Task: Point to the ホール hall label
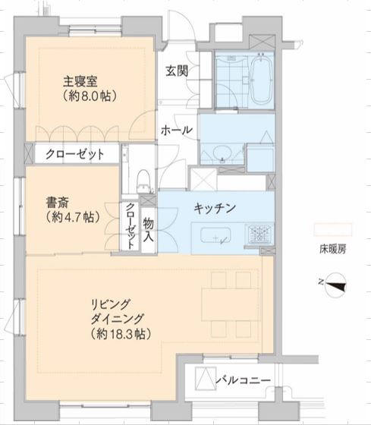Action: [176, 131]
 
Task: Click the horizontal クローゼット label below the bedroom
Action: [74, 153]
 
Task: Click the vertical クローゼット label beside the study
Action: [130, 226]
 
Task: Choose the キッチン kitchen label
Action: [215, 207]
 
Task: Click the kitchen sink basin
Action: [220, 239]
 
